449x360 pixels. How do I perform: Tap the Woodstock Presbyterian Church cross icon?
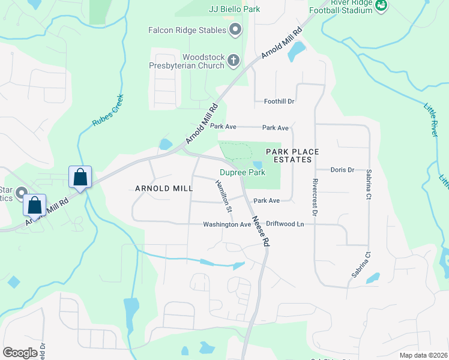coord(234,60)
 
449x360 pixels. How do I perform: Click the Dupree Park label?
coord(242,173)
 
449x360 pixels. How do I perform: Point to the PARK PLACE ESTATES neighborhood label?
coord(292,155)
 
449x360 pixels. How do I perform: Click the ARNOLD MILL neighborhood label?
coord(164,188)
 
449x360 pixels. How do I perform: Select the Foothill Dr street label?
coord(279,101)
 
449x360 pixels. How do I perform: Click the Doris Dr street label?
coord(343,170)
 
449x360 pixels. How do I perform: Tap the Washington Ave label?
coord(226,224)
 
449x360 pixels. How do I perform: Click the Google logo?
coord(20,352)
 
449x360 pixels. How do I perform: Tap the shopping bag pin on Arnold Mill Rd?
coord(80,178)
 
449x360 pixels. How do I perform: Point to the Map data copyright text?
coord(423,355)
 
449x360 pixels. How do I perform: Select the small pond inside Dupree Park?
coord(258,165)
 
